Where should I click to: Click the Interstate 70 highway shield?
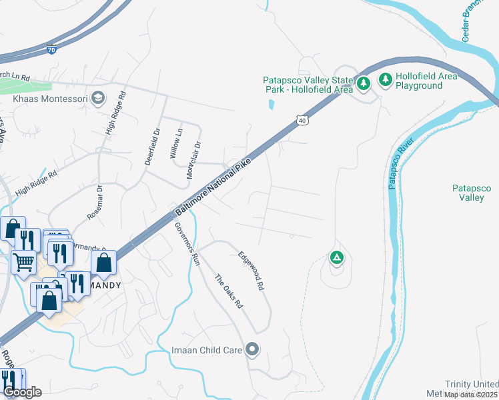[x=52, y=49]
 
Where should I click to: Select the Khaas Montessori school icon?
[x=98, y=99]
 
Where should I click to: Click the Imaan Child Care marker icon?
[x=252, y=349]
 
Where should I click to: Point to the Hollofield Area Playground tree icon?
[x=386, y=80]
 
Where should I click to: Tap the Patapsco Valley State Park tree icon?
[x=364, y=83]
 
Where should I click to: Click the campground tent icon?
[x=337, y=257]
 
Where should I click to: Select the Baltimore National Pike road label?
[x=211, y=185]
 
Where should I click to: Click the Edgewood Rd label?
[x=252, y=270]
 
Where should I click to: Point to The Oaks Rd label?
[x=227, y=291]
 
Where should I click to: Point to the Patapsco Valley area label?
[x=472, y=193]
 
